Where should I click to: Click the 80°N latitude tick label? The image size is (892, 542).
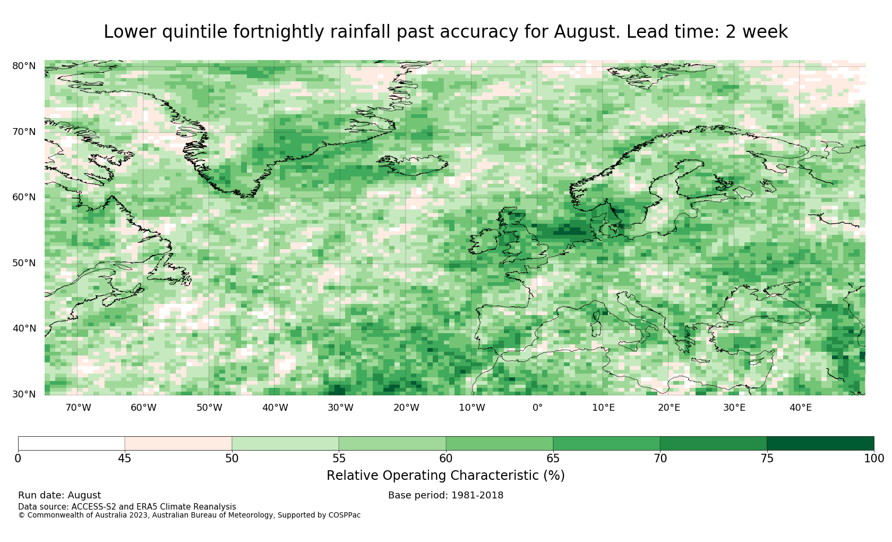tap(24, 66)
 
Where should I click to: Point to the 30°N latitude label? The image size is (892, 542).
tap(24, 394)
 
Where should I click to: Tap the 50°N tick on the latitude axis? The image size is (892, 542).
tap(24, 263)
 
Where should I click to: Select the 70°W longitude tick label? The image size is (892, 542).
tap(78, 408)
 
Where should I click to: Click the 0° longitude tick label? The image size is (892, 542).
tap(537, 408)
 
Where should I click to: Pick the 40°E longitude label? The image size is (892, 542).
tap(801, 408)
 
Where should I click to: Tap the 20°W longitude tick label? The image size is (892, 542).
tap(406, 408)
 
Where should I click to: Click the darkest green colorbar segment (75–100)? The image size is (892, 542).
tap(820, 444)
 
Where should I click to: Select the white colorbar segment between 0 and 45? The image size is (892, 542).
tap(71, 444)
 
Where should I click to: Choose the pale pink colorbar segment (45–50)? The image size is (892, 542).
tap(178, 444)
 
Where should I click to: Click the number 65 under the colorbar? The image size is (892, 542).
tap(553, 459)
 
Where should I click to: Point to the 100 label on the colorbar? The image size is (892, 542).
tap(874, 459)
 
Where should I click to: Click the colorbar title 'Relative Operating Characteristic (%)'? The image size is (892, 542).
tap(445, 476)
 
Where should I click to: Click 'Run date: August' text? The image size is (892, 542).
tap(59, 495)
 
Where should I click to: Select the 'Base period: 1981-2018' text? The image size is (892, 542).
tap(445, 495)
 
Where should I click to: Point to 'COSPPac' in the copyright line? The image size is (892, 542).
tap(345, 515)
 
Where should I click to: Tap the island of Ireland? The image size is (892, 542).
tap(484, 241)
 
